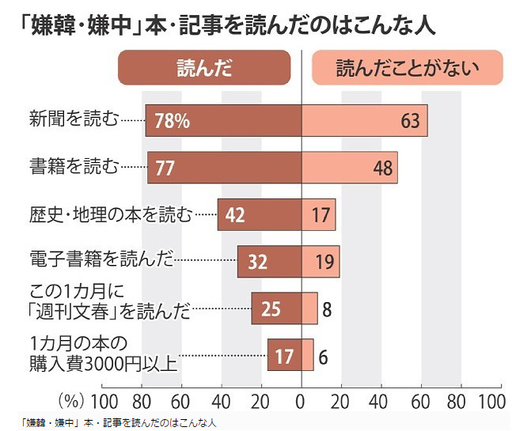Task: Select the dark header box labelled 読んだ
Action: point(204,68)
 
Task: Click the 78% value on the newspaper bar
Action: point(172,121)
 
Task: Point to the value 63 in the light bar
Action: point(409,121)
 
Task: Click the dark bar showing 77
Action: point(224,167)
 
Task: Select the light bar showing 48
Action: point(349,167)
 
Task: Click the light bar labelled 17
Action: point(318,214)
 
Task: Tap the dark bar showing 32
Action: point(269,262)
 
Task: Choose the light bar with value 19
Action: point(320,262)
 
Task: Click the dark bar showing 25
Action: point(276,308)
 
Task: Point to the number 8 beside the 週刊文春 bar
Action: point(326,308)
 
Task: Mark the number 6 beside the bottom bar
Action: point(323,356)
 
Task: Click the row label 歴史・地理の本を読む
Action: point(110,214)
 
